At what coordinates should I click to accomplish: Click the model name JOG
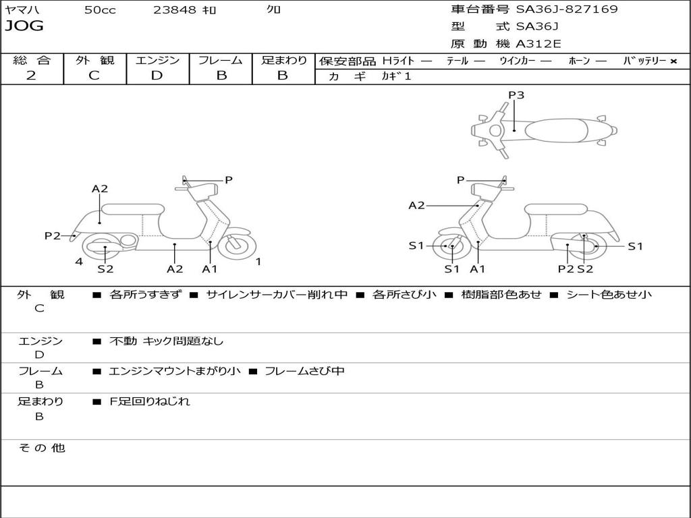(24, 26)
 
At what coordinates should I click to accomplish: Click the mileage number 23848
(174, 9)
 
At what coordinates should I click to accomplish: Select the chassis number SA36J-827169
(567, 9)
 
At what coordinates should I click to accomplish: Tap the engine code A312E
(538, 44)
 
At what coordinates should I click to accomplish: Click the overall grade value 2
(31, 76)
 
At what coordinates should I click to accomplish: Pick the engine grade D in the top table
(157, 76)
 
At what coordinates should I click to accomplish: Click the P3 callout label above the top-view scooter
(516, 94)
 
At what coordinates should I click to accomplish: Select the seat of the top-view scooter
(556, 130)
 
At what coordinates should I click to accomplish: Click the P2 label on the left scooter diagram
(53, 235)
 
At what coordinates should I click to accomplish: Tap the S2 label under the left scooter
(105, 268)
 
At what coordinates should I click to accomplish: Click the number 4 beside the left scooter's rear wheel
(79, 262)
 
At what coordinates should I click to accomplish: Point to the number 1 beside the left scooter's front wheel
(258, 262)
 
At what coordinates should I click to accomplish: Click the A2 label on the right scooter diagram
(416, 205)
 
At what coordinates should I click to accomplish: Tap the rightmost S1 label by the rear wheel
(635, 246)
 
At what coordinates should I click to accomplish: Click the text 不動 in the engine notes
(123, 341)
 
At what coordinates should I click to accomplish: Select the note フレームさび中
(304, 371)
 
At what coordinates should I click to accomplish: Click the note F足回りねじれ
(150, 401)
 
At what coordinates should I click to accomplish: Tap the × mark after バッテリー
(673, 61)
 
